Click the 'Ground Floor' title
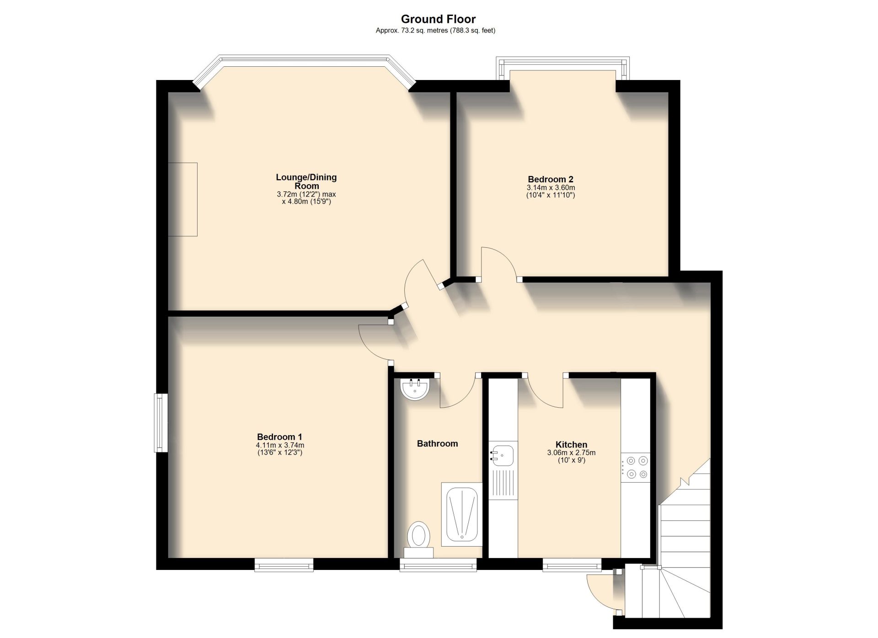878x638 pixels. tap(438, 19)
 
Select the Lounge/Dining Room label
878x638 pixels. tap(306, 181)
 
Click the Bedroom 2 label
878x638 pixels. tap(551, 179)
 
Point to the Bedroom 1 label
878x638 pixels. tap(279, 437)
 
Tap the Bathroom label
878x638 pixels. tap(437, 443)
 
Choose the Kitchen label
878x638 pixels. tap(571, 444)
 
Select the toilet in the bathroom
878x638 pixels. tap(418, 539)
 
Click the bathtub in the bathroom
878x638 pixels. tap(461, 514)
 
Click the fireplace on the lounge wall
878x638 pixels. tap(182, 199)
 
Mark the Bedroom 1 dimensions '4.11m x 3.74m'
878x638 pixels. tap(280, 445)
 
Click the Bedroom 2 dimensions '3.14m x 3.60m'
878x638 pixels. tap(551, 188)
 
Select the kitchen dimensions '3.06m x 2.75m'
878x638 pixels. tap(571, 453)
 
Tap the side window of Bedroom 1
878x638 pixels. tap(161, 423)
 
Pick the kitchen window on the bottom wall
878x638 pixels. tap(572, 565)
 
